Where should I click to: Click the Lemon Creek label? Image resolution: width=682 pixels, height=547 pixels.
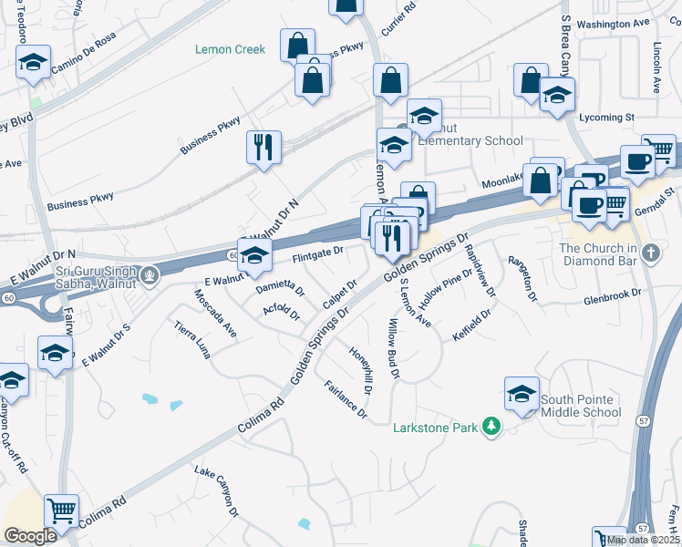click(x=231, y=49)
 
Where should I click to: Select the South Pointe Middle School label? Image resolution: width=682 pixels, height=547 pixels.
click(x=581, y=406)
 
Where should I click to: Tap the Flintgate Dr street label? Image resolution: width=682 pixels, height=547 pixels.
click(x=317, y=252)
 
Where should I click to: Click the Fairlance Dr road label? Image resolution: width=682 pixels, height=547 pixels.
click(x=346, y=401)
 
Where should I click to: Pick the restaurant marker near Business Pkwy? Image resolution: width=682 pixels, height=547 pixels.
click(x=263, y=147)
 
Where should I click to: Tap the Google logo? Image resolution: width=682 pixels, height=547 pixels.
click(x=30, y=536)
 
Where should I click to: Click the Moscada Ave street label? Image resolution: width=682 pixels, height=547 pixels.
click(x=215, y=314)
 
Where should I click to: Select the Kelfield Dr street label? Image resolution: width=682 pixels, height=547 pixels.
click(x=472, y=326)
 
